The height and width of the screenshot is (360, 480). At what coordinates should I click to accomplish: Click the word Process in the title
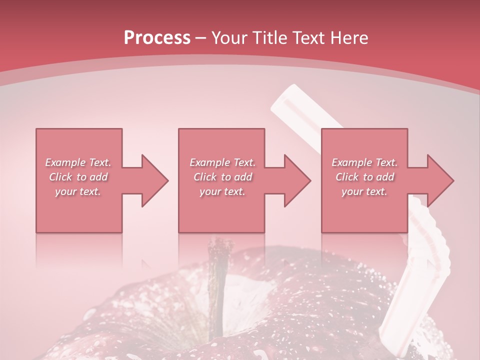(157, 38)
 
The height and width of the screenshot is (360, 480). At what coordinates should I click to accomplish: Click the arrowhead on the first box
(154, 180)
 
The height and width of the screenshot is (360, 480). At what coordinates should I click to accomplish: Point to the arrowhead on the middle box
(297, 180)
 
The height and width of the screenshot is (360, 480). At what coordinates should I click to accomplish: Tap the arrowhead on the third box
(440, 180)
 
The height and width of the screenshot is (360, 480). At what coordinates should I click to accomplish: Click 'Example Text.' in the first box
(78, 162)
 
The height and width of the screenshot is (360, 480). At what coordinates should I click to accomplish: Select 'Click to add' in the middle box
(222, 177)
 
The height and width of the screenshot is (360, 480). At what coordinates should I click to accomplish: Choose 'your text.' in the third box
(364, 191)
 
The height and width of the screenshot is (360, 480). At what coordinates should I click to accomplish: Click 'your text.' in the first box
(78, 191)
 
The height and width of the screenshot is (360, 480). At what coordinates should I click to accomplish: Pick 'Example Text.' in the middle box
(222, 162)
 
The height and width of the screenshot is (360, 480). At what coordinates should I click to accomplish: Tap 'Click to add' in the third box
(364, 177)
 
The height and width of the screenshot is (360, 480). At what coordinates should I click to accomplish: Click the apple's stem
(218, 280)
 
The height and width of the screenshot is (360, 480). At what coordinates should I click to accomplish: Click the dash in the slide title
(201, 38)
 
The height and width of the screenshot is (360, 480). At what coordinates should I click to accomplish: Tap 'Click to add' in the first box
(78, 177)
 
